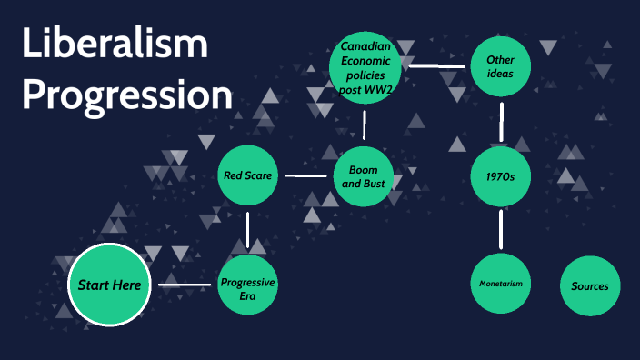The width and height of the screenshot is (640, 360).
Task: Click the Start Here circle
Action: pos(109,285)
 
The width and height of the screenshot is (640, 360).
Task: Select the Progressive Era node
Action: pos(247,285)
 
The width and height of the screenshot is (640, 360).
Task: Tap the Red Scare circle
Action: pos(247,175)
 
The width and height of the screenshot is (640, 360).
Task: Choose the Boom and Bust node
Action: pos(364,175)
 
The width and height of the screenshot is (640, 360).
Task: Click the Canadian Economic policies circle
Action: pos(365,65)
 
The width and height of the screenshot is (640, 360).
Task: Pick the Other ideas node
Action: pos(500,65)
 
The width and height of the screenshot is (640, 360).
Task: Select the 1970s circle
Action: pos(500,175)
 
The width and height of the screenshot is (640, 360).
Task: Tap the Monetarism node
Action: pos(501,285)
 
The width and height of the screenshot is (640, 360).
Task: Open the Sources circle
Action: pos(590,285)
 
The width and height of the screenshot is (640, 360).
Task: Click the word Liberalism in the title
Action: pos(115,45)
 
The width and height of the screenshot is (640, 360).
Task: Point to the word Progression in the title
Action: pos(127,94)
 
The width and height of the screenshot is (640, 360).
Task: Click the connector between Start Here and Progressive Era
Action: pos(185,285)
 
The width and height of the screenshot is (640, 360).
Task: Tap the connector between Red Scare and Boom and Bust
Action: pos(305,175)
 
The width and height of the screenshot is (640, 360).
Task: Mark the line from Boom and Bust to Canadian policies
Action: pos(365,123)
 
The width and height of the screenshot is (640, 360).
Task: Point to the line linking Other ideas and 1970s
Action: pos(500,120)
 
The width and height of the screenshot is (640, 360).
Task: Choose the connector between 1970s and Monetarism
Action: pos(500,230)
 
